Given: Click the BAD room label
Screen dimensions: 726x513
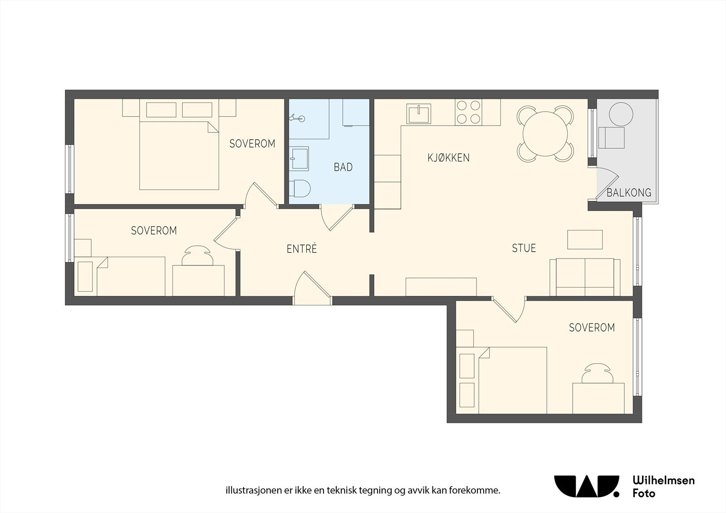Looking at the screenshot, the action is (343, 167).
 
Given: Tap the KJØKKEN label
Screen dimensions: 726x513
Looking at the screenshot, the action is (448, 158).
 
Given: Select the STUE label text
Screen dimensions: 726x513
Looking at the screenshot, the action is (524, 248).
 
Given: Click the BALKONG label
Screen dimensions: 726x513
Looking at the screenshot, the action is (629, 193).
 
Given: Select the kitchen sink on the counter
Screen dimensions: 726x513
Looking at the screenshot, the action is (419, 114).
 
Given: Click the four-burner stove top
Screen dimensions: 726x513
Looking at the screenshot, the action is (468, 112).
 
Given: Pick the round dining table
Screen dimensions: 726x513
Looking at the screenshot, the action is (545, 133).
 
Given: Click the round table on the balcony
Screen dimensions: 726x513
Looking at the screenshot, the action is (621, 114).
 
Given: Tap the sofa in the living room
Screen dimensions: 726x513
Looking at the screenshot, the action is (585, 277).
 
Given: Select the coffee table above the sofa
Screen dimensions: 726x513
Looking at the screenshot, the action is (585, 239).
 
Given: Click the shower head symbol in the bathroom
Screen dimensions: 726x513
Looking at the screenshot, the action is (297, 118).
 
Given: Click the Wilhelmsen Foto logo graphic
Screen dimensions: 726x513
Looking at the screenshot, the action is (587, 486).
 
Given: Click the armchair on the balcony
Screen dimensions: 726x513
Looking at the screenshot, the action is (611, 138).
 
